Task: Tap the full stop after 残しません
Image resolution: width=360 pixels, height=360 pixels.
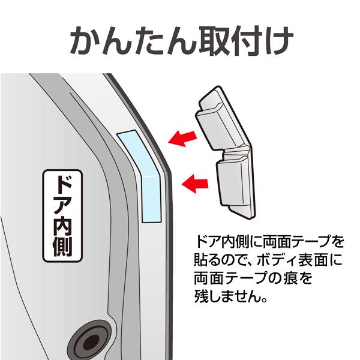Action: click(x=264, y=300)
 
